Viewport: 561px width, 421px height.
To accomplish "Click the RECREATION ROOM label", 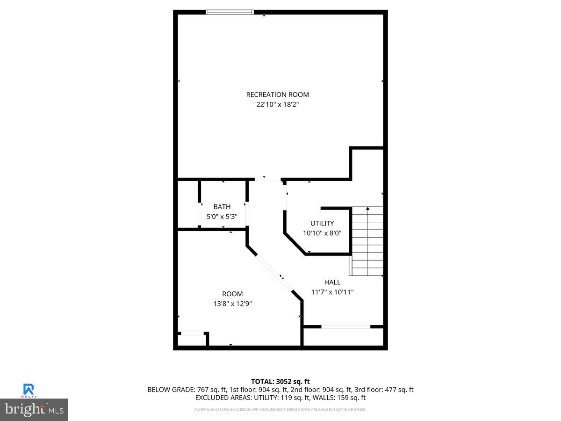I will click(277, 94).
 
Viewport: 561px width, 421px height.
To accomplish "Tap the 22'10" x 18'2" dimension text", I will click(277, 105).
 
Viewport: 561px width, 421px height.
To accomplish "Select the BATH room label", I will click(222, 207).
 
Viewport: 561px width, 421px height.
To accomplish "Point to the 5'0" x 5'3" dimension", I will click(222, 217).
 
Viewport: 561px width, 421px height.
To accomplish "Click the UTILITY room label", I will click(322, 223).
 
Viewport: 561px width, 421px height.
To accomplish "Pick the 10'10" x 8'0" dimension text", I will click(322, 233).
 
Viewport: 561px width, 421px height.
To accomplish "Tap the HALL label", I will click(332, 282).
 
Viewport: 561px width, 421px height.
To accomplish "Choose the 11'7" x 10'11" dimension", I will click(332, 292).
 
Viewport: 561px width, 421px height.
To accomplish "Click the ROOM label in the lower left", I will click(232, 294).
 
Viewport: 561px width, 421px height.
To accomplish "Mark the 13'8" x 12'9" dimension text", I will click(232, 304).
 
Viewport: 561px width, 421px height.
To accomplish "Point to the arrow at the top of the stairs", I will click(368, 208).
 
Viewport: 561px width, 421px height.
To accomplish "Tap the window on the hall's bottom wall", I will click(346, 327).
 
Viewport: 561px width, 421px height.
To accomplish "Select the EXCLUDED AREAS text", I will click(223, 398).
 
